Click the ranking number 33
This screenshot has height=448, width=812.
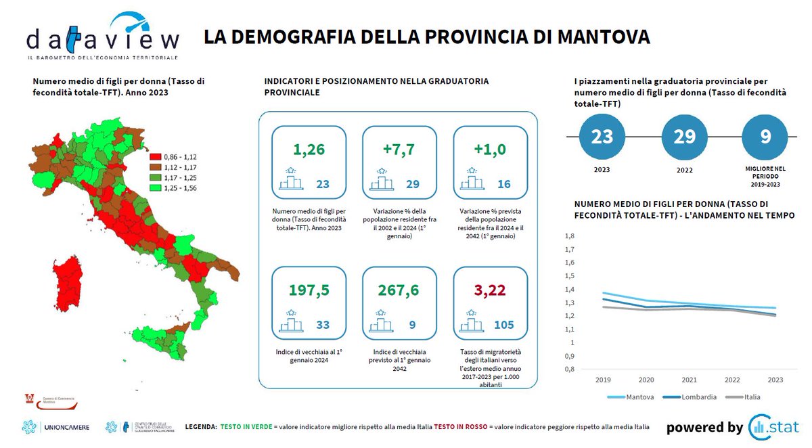click(x=323, y=326)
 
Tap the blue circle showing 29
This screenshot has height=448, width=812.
click(x=684, y=137)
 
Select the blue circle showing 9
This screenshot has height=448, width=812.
click(x=765, y=137)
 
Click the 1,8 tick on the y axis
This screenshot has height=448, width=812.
click(x=569, y=236)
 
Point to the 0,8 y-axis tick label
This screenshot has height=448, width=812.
click(x=569, y=369)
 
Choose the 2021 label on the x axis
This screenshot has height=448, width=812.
click(x=689, y=381)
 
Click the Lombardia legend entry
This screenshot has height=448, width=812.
click(x=696, y=397)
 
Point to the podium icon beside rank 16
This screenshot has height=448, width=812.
click(x=472, y=181)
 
